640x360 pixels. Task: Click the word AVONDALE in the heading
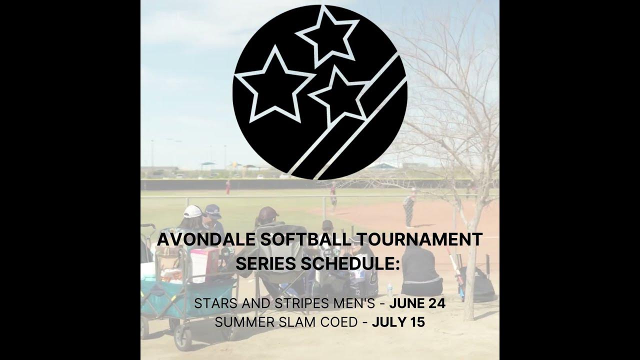click(206, 239)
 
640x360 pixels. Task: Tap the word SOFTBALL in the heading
click(305, 239)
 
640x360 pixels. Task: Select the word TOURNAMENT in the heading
click(419, 239)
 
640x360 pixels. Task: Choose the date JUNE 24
click(417, 303)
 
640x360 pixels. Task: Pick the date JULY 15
click(398, 322)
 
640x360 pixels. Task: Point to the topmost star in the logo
click(327, 36)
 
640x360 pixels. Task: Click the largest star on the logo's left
click(275, 85)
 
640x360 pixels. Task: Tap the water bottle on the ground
click(390, 289)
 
